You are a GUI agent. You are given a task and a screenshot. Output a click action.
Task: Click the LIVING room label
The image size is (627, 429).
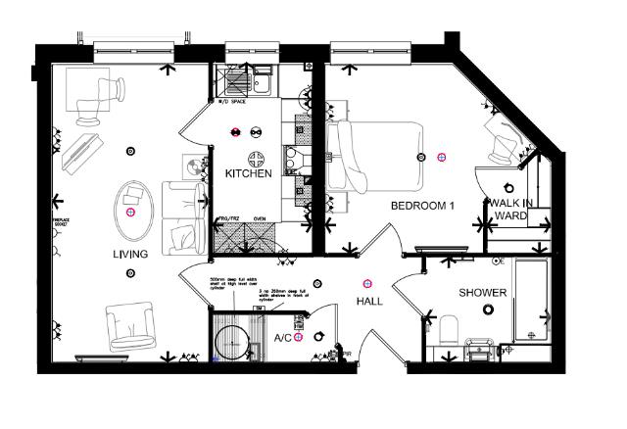[129, 255]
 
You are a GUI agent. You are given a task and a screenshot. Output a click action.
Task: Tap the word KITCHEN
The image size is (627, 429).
[248, 173]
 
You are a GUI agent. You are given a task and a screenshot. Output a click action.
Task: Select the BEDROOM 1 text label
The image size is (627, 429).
[423, 207]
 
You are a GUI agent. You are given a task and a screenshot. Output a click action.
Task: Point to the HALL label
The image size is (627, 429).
[370, 304]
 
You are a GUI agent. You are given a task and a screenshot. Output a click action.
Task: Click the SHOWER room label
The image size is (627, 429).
[483, 293]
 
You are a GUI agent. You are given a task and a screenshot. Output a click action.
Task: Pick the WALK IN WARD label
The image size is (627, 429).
[508, 210]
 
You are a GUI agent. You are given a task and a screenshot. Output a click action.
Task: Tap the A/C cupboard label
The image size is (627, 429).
[282, 338]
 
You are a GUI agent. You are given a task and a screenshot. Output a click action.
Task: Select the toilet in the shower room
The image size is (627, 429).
[447, 328]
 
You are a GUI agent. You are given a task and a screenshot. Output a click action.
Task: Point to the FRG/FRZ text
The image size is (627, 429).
[227, 220]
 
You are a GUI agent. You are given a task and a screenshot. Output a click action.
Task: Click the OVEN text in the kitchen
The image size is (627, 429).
[261, 220]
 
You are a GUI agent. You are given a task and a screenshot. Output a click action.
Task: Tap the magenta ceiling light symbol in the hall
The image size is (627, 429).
[367, 284]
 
